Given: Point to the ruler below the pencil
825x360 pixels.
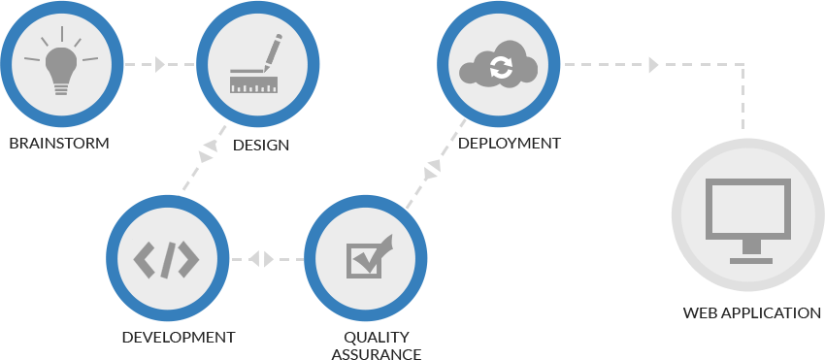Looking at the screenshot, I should [x=253, y=85].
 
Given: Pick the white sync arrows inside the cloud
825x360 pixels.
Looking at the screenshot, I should [x=501, y=68].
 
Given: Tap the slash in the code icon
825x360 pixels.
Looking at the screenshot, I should [x=167, y=259].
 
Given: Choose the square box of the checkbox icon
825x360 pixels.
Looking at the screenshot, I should [x=362, y=260].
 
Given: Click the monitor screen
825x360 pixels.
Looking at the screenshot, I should [x=746, y=208].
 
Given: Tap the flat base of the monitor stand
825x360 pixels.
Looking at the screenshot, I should [x=746, y=260].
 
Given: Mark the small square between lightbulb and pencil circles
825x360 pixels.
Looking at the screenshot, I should [x=159, y=64].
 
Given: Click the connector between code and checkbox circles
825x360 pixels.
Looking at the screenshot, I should [x=262, y=259].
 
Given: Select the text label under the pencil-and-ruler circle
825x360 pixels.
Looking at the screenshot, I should [x=261, y=146].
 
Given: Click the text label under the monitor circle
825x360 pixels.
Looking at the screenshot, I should [x=751, y=313].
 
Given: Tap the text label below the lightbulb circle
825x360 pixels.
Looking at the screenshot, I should [x=58, y=144].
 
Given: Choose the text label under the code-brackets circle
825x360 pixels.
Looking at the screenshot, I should [x=179, y=338].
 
